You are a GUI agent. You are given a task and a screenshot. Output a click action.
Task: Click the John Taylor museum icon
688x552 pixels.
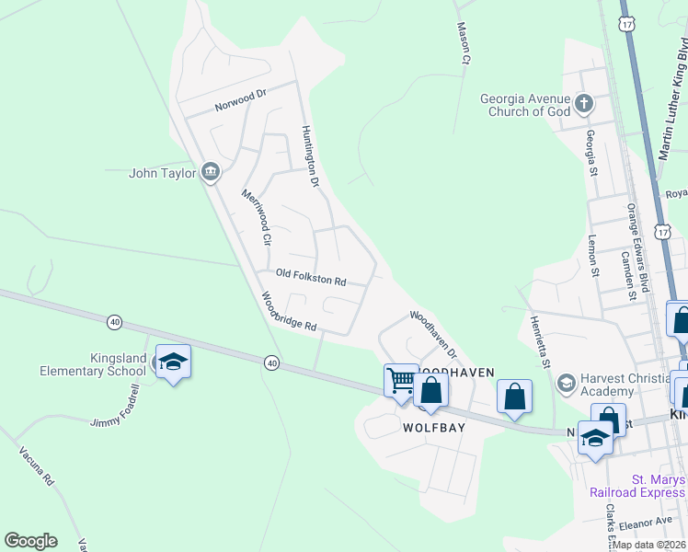(x=210, y=172)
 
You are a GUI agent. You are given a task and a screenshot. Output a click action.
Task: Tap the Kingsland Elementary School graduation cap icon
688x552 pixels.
(x=172, y=362)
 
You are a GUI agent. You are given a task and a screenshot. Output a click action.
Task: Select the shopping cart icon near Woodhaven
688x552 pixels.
(x=401, y=379)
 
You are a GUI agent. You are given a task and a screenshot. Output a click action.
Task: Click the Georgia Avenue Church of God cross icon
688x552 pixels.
(x=583, y=104)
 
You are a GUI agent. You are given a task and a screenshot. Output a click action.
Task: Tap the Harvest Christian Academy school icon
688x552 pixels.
(x=567, y=382)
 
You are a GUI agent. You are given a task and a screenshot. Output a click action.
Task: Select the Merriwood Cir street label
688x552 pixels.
(x=257, y=216)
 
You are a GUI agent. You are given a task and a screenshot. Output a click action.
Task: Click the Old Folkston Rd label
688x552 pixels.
(x=311, y=277)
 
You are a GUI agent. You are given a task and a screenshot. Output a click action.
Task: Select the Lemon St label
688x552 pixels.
(x=593, y=255)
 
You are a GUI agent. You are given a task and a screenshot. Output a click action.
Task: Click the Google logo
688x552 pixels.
(x=30, y=540)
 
